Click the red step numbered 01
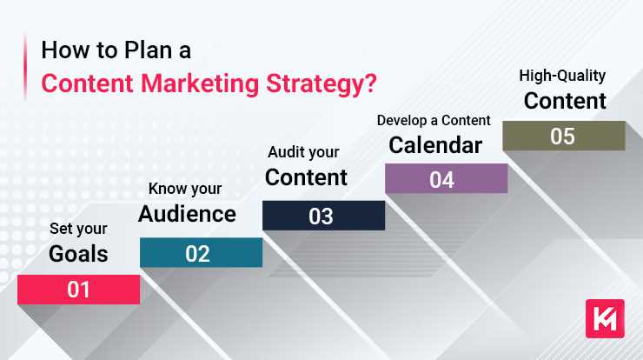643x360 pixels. [x=78, y=290]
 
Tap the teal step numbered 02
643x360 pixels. [x=200, y=253]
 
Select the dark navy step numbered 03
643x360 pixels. [x=322, y=216]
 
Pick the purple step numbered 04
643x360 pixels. [x=445, y=179]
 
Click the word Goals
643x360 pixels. [x=78, y=254]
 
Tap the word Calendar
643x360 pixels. [x=434, y=144]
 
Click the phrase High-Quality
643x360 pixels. [x=562, y=75]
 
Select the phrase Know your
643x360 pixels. [x=185, y=188]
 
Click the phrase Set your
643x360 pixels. [x=78, y=230]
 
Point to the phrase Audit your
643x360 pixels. [x=302, y=152]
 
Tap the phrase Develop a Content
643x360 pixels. [x=434, y=119]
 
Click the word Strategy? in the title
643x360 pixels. [x=328, y=85]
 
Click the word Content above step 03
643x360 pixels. [x=306, y=177]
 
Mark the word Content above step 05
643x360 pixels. [x=565, y=100]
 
